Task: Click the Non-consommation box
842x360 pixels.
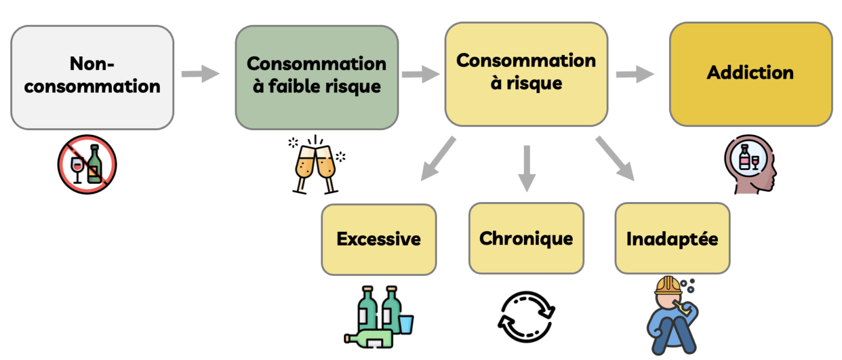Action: tap(92, 77)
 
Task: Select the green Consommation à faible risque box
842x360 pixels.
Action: tap(316, 77)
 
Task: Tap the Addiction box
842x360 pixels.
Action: tap(750, 74)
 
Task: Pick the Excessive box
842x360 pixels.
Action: tap(378, 239)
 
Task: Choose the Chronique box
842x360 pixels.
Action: tap(526, 238)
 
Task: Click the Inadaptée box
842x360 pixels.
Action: tap(672, 238)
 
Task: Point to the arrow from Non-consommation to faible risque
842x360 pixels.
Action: tap(200, 74)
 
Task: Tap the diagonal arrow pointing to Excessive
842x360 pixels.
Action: tap(438, 158)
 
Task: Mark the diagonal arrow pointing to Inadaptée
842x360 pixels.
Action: tap(615, 158)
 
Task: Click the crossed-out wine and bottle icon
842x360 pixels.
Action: tap(87, 164)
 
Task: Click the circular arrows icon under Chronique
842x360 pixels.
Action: tap(526, 316)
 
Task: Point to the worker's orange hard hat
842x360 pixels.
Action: tap(668, 285)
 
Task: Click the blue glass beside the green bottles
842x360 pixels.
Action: tap(406, 324)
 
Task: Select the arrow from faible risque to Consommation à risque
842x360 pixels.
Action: tap(421, 74)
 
